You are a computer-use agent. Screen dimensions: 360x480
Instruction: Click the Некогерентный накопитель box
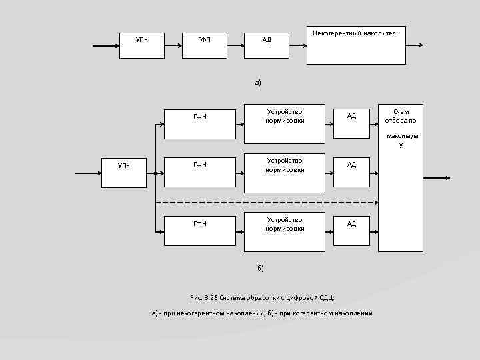(x=356, y=45)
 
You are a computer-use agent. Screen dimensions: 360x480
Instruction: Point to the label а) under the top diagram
(x=258, y=83)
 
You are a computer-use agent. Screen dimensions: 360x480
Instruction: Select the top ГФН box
(x=199, y=123)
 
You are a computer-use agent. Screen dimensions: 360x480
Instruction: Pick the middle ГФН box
(x=199, y=172)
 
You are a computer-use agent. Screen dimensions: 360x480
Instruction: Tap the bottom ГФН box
(x=199, y=231)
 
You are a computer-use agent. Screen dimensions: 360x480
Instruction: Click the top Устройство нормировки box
(x=285, y=123)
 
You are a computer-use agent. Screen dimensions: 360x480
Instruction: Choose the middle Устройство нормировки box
(x=285, y=173)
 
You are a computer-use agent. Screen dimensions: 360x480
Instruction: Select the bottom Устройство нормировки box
(x=285, y=232)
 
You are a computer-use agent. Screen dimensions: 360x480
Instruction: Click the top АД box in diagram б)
(x=351, y=122)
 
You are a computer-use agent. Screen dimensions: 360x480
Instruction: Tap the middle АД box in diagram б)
(x=351, y=172)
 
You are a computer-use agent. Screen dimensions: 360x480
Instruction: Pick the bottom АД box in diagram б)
(x=351, y=231)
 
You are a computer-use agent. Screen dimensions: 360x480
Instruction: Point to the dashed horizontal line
(x=267, y=202)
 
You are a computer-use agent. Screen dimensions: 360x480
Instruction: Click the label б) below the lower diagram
(x=261, y=268)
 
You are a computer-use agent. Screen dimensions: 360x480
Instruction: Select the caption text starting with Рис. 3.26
(x=262, y=297)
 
